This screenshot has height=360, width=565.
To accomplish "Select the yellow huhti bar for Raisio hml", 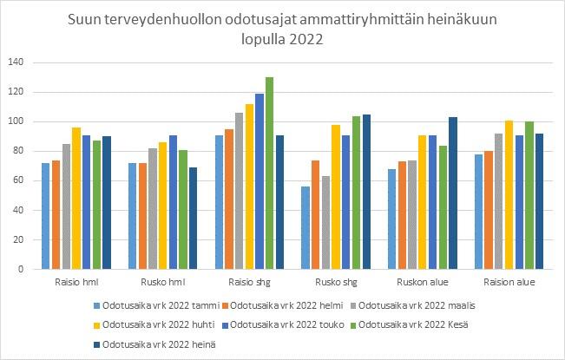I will point(76,199).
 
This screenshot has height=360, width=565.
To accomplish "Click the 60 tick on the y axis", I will point(17,180).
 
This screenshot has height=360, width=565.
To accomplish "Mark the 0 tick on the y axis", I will point(20,269).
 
